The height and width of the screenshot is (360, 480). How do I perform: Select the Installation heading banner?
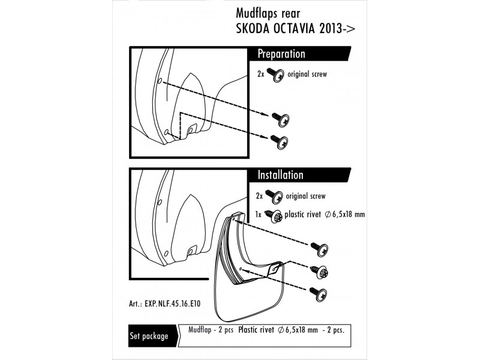(281, 176)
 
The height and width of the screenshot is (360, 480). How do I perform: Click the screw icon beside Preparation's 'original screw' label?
(277, 76)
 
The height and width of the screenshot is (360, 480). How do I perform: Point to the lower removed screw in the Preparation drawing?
(280, 142)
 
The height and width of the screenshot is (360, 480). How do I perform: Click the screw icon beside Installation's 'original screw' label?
(277, 197)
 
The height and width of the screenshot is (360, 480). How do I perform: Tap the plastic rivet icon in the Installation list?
(277, 215)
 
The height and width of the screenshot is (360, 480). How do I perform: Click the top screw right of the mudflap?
(319, 245)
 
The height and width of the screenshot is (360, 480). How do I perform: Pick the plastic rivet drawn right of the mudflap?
(320, 271)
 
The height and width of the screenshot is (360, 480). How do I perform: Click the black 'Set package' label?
(149, 336)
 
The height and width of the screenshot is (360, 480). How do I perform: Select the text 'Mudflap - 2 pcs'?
(210, 330)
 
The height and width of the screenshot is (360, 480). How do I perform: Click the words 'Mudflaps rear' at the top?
(264, 13)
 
